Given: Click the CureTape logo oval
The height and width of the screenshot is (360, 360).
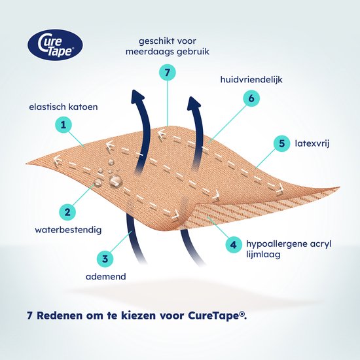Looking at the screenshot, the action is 55,45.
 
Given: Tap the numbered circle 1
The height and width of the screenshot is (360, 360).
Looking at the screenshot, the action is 63,125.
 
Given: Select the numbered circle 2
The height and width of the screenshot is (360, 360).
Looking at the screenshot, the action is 67,212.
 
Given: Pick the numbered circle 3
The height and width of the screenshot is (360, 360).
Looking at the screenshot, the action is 105,259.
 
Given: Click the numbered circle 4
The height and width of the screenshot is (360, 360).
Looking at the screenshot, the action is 233,245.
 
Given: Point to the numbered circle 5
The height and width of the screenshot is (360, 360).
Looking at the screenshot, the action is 281,143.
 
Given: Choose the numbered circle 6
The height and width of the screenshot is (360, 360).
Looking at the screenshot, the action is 251,98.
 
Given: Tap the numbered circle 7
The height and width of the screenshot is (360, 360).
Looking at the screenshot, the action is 168,72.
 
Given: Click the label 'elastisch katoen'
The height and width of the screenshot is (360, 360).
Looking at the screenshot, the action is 63,107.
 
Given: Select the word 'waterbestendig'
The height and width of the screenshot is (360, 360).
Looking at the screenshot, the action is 68,230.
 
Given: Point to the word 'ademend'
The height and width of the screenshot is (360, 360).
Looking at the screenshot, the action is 106,276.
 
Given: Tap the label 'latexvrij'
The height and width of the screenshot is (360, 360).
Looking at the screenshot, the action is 312,143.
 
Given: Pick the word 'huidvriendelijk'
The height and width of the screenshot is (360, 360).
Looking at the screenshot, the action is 251,79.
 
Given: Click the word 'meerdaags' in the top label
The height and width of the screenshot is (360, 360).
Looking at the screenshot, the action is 149,52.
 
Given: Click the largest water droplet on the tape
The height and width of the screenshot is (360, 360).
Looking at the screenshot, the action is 115,180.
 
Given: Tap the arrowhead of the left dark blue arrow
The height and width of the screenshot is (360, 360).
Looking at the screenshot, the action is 138,96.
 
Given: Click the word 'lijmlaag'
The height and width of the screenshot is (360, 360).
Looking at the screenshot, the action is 263,255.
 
